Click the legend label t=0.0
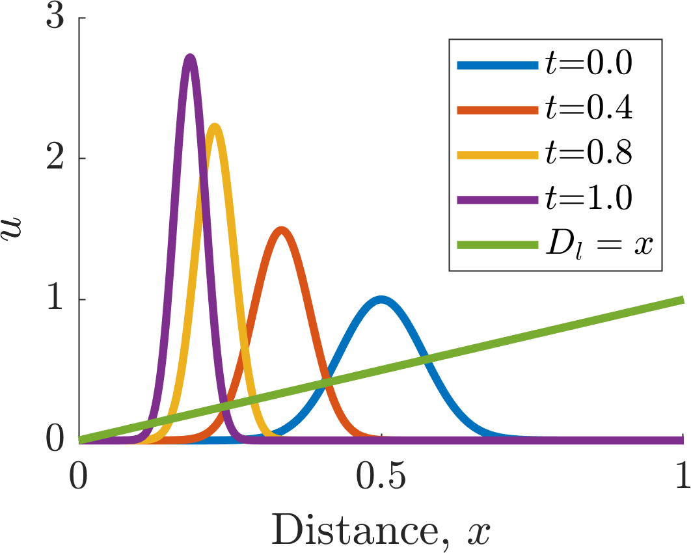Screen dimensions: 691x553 click(589, 64)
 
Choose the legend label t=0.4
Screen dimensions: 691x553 click(589, 109)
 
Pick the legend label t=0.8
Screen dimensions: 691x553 click(589, 154)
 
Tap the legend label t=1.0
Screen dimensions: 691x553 click(589, 198)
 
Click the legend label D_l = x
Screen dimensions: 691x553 click(599, 245)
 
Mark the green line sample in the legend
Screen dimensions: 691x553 click(498, 245)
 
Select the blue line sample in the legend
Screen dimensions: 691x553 click(498, 65)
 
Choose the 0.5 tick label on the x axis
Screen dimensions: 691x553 click(381, 477)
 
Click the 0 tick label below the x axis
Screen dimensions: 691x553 click(79, 477)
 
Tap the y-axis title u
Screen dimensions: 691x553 click(12, 227)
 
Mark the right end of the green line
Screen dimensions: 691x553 click(683, 300)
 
